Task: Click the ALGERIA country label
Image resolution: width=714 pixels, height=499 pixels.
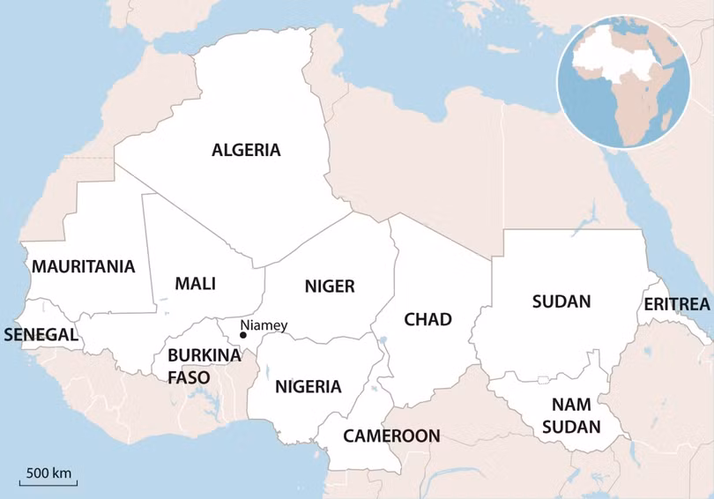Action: (x=246, y=150)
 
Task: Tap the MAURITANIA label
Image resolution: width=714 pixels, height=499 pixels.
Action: (x=84, y=266)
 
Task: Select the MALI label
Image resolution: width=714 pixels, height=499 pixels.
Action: (x=195, y=284)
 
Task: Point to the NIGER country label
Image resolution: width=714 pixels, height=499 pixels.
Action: (x=329, y=286)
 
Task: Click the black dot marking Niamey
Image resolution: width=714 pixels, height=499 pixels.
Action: (x=243, y=335)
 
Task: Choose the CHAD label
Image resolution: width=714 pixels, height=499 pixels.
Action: (x=428, y=319)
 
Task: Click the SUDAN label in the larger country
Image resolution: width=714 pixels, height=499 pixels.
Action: (x=561, y=302)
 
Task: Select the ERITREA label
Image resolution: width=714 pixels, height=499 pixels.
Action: (x=676, y=304)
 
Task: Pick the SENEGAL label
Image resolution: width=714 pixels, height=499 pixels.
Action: (x=41, y=335)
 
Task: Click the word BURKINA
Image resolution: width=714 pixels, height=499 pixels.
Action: (x=204, y=355)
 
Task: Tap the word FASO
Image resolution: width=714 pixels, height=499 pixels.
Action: (x=189, y=377)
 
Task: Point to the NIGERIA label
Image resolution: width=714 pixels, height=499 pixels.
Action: (x=308, y=386)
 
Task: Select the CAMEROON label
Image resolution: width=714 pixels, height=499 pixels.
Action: (x=390, y=436)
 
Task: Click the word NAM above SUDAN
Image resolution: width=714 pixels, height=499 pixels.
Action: (x=571, y=405)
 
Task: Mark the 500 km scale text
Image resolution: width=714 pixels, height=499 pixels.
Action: (x=48, y=473)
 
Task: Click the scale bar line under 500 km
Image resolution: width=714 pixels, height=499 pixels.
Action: (x=48, y=484)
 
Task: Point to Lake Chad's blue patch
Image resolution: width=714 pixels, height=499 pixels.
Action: (x=383, y=340)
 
